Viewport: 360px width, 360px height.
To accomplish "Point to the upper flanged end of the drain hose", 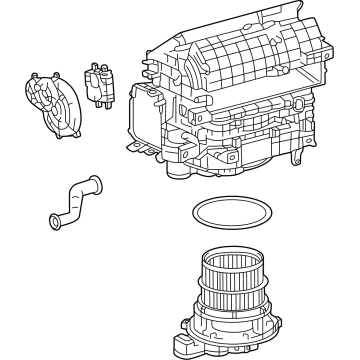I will tap(96, 180).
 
